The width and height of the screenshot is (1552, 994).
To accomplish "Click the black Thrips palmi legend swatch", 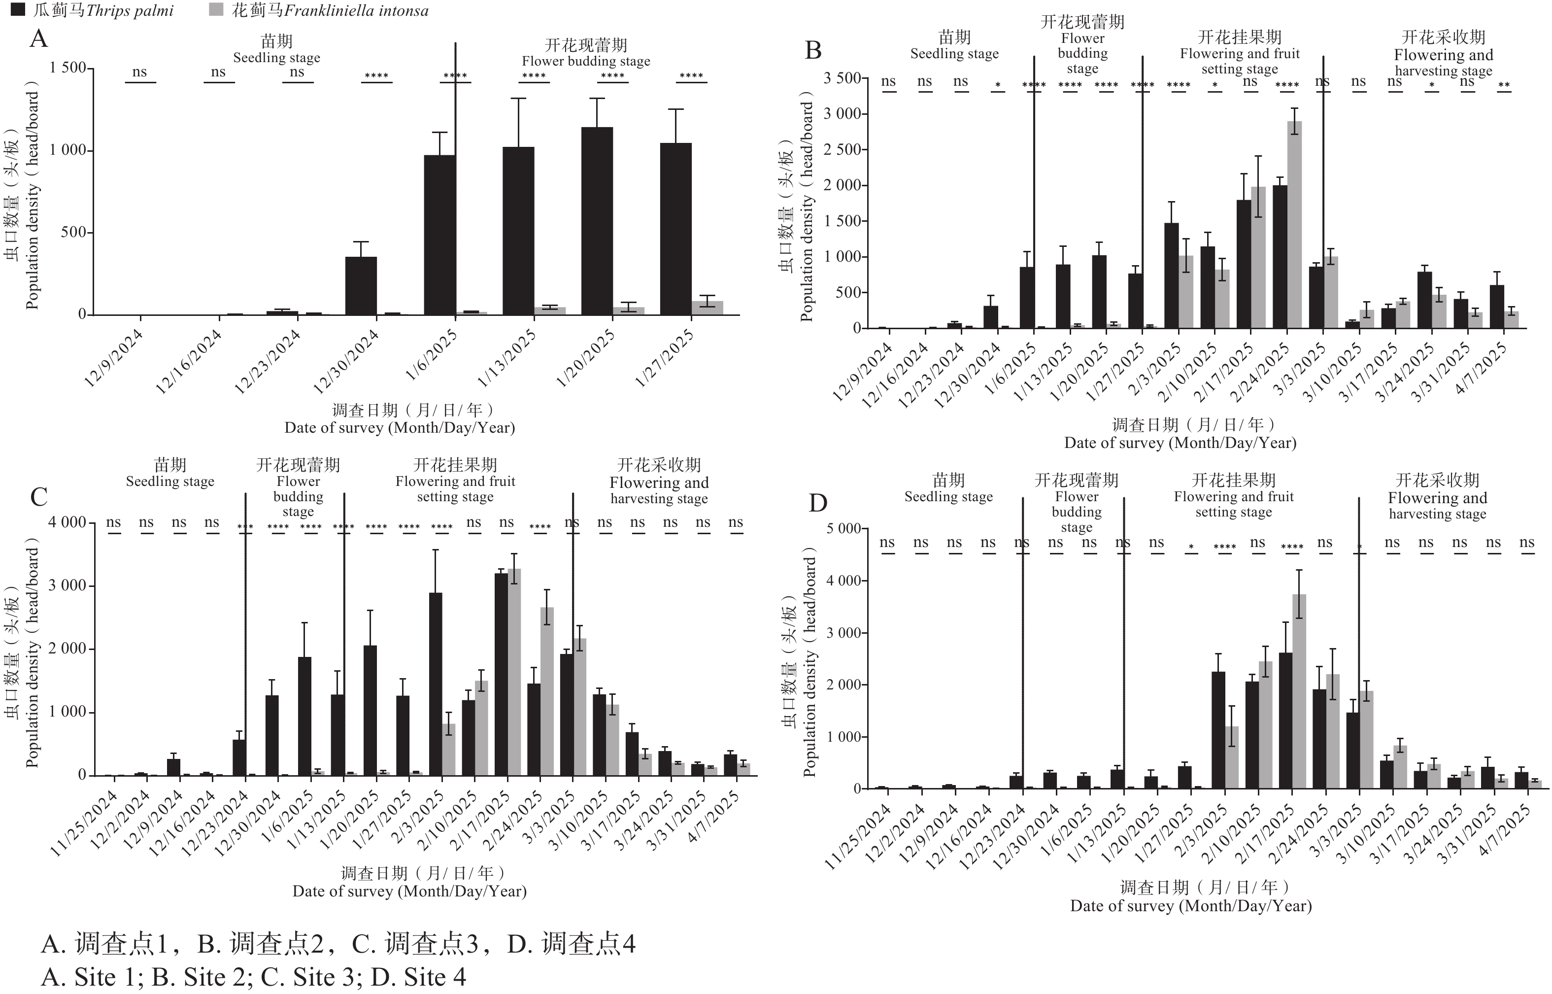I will click(19, 10).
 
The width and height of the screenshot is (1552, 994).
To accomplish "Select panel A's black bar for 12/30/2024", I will click(361, 286).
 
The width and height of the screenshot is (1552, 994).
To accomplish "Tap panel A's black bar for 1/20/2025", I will click(597, 221).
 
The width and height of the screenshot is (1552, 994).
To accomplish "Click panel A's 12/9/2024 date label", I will click(114, 358).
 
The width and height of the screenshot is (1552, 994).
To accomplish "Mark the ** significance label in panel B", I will click(1504, 86).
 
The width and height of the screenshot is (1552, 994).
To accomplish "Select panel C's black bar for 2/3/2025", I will click(436, 684).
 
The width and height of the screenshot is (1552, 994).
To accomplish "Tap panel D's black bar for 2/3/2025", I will click(1218, 730).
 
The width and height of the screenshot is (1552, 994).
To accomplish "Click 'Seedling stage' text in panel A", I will click(276, 58).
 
